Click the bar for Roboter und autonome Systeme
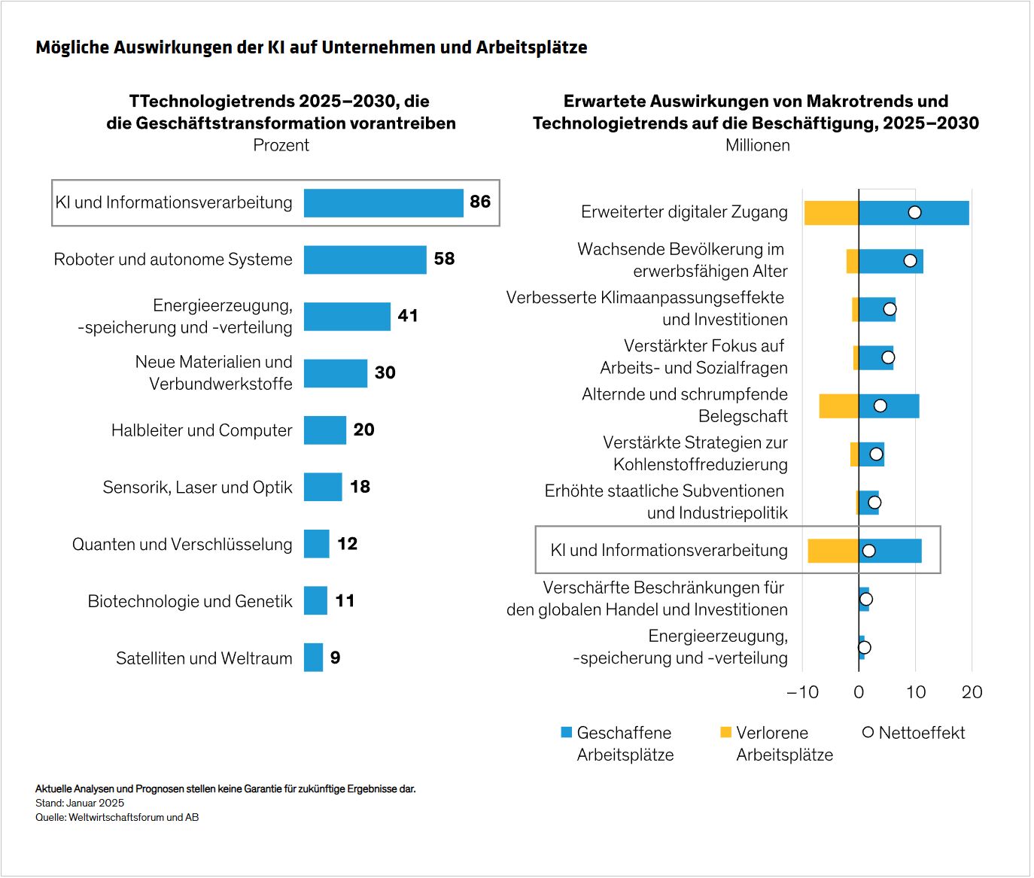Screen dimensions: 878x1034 (365, 260)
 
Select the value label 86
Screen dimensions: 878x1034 (480, 202)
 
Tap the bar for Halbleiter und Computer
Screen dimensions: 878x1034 (325, 430)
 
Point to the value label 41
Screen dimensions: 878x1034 (408, 316)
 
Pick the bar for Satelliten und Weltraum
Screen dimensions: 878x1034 (314, 658)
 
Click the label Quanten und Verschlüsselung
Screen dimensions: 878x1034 (182, 544)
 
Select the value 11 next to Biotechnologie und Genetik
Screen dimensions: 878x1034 (345, 600)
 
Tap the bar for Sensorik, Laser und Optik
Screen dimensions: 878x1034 (323, 487)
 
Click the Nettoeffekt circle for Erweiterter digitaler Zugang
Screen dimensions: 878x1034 (914, 212)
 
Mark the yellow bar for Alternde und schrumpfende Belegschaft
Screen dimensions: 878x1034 (838, 406)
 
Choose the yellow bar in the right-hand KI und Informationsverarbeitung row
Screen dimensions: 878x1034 (833, 551)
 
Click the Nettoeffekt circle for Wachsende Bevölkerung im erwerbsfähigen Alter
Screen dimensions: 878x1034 (910, 261)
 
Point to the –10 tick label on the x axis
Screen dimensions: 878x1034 (802, 692)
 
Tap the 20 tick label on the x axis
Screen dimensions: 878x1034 (972, 692)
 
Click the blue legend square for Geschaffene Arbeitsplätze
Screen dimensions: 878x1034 (567, 732)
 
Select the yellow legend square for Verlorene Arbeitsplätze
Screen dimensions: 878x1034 (725, 732)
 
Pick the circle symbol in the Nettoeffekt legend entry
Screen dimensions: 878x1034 (868, 732)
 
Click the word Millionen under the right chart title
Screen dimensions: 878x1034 (757, 145)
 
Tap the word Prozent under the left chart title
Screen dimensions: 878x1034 (281, 145)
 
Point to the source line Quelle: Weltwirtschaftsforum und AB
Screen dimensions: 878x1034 (117, 817)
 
